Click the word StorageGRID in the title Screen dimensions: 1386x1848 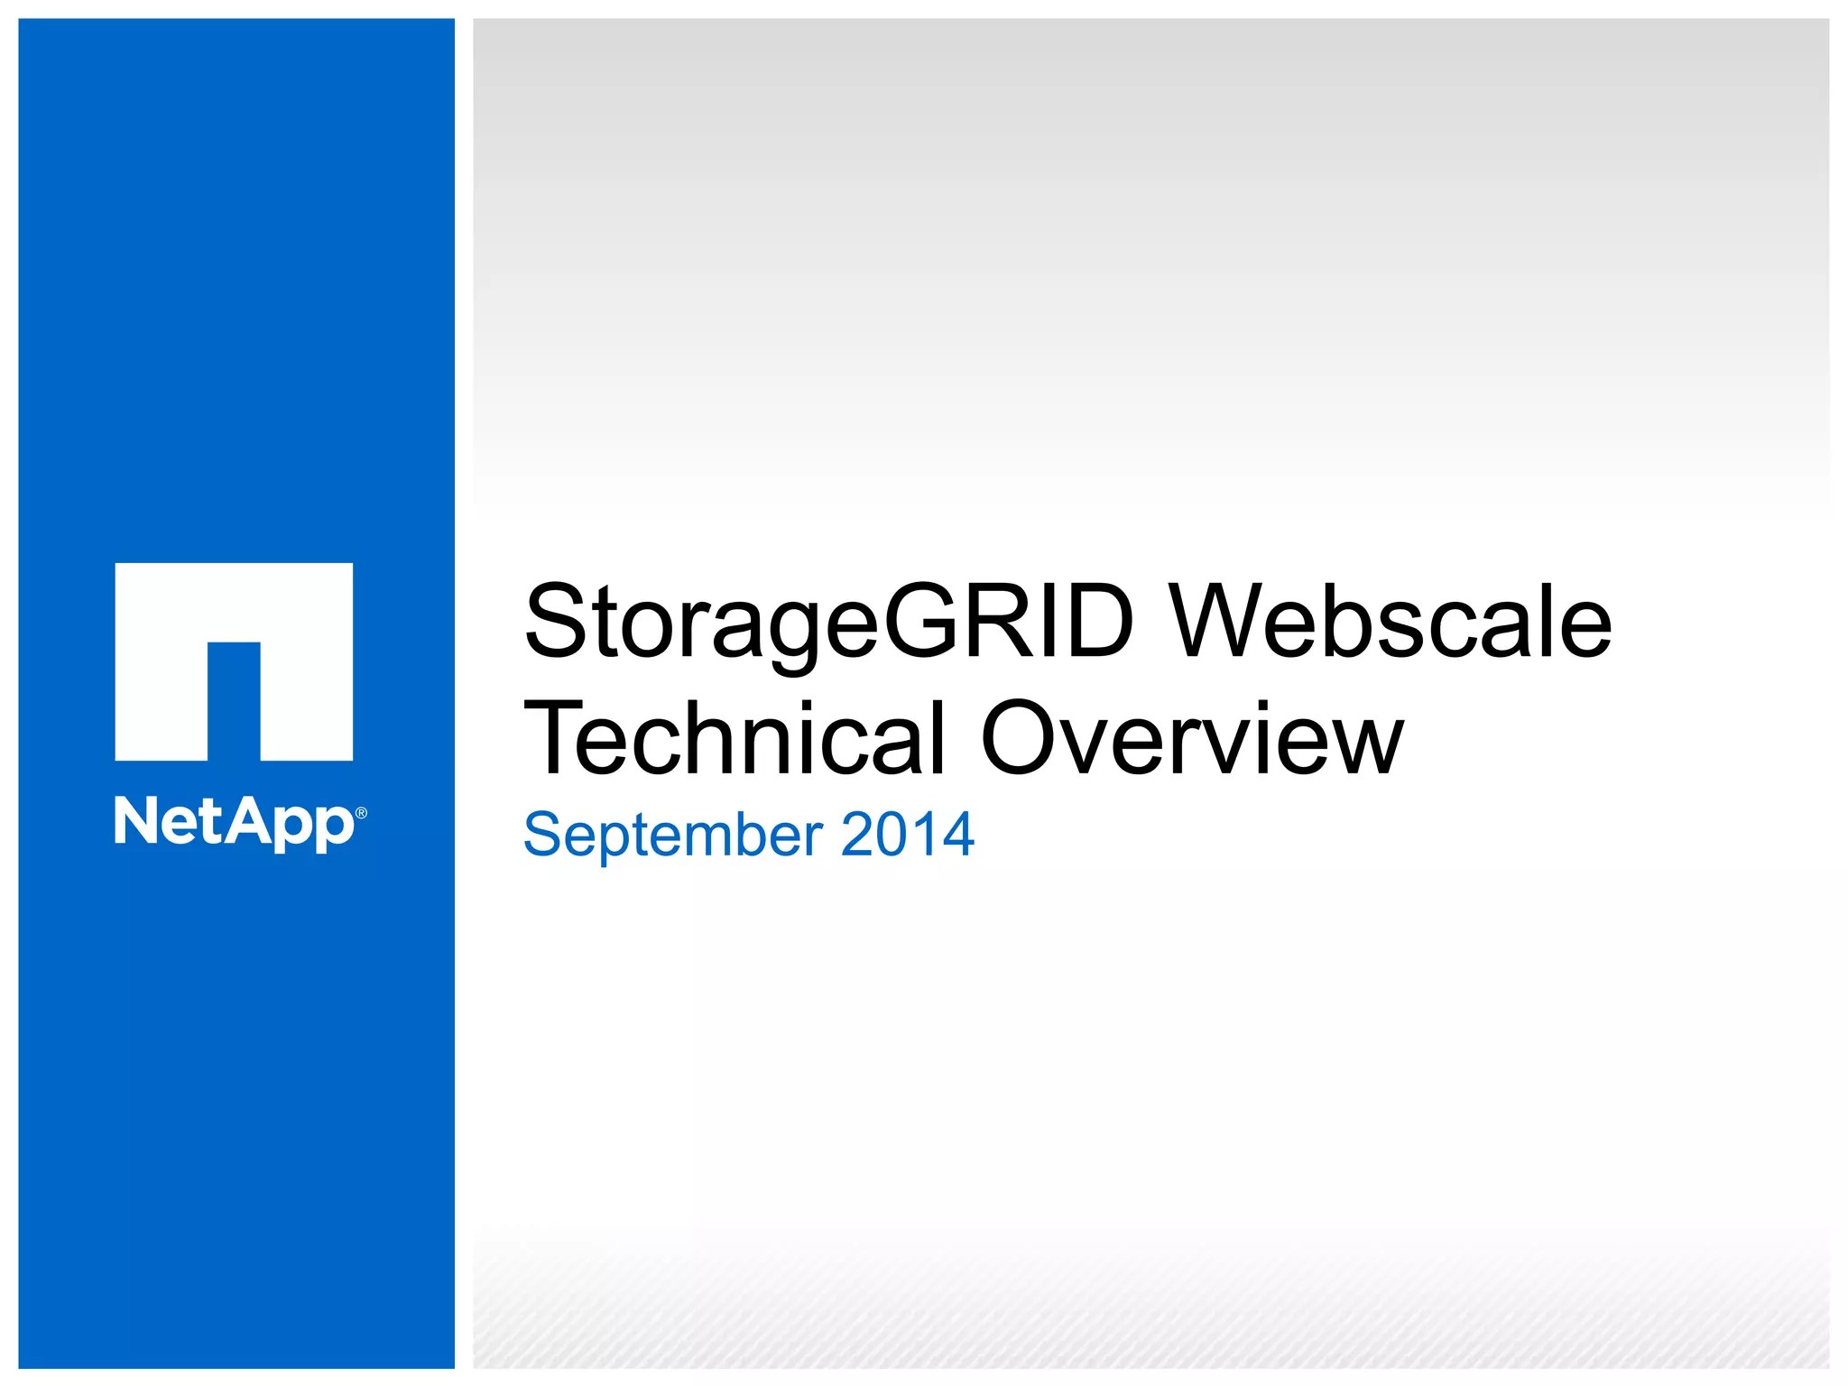(x=827, y=623)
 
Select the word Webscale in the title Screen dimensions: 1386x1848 (x=1390, y=623)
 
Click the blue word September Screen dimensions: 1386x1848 (x=673, y=835)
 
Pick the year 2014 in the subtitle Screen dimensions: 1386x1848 (x=907, y=835)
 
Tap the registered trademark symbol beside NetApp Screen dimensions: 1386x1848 (x=362, y=813)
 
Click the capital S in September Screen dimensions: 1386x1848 (x=544, y=835)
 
